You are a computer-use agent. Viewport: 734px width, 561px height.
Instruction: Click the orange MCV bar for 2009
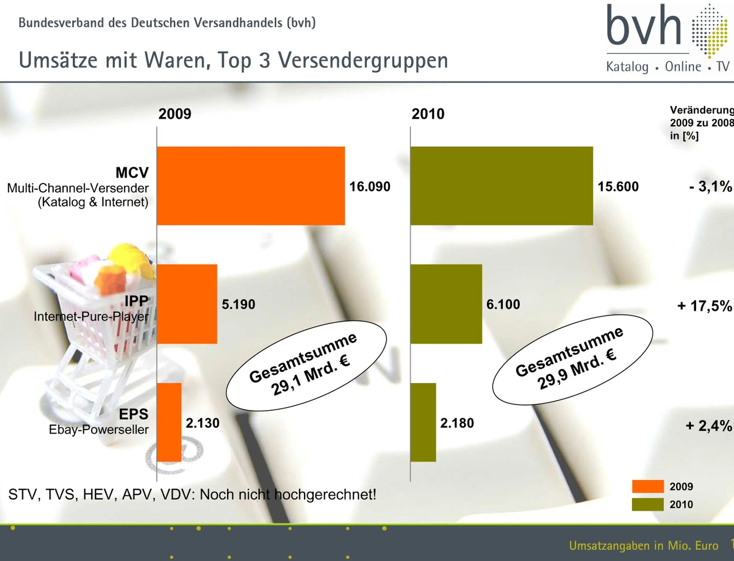click(x=251, y=186)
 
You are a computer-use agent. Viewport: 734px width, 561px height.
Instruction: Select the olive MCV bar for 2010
click(x=502, y=186)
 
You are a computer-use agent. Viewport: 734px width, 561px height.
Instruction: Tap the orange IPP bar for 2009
click(x=187, y=304)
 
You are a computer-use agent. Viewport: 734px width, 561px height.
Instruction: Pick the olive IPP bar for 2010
click(x=446, y=304)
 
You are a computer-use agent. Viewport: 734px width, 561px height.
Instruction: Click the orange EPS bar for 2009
click(x=169, y=422)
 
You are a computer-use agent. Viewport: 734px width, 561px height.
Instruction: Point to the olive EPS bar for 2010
click(x=423, y=422)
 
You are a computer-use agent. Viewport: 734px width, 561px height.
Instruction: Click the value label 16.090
click(x=370, y=187)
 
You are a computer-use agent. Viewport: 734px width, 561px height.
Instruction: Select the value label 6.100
click(x=503, y=305)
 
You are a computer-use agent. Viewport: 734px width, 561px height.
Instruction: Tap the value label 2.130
click(x=202, y=423)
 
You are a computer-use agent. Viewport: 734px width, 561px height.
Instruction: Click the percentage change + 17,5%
click(x=704, y=306)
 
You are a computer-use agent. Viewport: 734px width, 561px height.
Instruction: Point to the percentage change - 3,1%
click(x=710, y=186)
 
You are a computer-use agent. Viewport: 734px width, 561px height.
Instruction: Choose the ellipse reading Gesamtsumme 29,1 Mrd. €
click(x=306, y=365)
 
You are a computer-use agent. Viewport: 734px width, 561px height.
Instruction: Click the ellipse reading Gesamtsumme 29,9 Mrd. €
click(x=572, y=360)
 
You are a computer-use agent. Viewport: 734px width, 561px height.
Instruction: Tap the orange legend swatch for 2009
click(x=647, y=486)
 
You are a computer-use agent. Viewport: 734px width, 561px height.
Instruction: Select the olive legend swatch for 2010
click(x=647, y=504)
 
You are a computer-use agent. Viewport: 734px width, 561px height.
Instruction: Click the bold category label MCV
click(x=132, y=173)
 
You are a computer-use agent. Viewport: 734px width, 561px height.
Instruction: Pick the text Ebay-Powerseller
click(x=99, y=430)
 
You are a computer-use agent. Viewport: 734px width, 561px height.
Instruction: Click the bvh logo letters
click(x=644, y=27)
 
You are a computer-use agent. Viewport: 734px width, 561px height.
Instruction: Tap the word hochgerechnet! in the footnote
click(x=324, y=494)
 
